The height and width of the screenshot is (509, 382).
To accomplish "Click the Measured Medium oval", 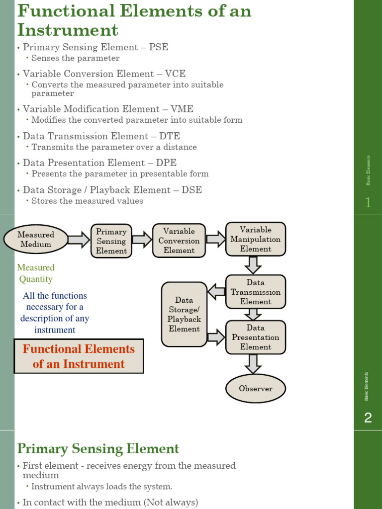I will pos(36,240).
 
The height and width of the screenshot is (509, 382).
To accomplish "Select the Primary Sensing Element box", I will pos(111,241).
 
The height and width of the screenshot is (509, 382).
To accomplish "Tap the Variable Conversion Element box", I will pos(179,241).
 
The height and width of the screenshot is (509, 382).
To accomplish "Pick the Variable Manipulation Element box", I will pos(256,239).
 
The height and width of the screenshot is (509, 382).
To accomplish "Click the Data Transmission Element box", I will pos(256,292).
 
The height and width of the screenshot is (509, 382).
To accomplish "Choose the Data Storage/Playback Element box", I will pos(184,314).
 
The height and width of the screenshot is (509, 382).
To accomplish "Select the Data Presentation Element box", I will pos(256,337).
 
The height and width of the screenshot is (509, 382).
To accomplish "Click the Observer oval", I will pos(256,389).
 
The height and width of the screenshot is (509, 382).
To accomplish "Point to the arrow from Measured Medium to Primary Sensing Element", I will pos(79,240).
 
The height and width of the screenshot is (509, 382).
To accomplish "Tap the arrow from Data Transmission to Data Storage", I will pos(216,291).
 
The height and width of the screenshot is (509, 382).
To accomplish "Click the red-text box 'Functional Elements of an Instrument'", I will pos(79,356).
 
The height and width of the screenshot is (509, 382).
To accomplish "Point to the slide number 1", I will pos(368,202).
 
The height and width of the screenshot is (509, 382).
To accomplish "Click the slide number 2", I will pos(368,418).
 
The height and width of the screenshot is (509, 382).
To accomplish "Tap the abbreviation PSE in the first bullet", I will pos(159,47).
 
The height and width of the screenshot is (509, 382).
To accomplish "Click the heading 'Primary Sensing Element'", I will pos(98,448).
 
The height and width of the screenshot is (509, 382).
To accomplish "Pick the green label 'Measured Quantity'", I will pos(36,273).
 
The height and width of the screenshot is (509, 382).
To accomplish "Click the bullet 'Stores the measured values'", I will pos(87,201).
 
